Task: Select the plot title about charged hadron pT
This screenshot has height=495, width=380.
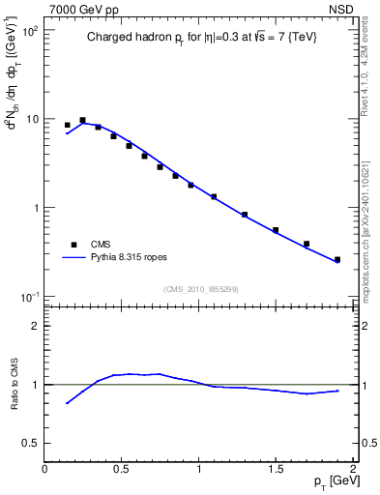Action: (x=200, y=37)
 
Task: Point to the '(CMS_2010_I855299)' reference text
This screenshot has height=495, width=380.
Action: (x=200, y=288)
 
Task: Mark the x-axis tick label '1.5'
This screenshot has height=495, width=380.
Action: (x=276, y=469)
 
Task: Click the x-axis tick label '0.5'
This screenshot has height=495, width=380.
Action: (x=121, y=469)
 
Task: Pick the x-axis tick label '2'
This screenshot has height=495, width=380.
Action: (x=353, y=469)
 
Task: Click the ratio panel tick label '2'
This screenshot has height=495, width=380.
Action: (x=34, y=326)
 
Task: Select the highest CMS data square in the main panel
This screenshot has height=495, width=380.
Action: (x=82, y=120)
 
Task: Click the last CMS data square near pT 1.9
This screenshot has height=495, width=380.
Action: (x=337, y=259)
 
